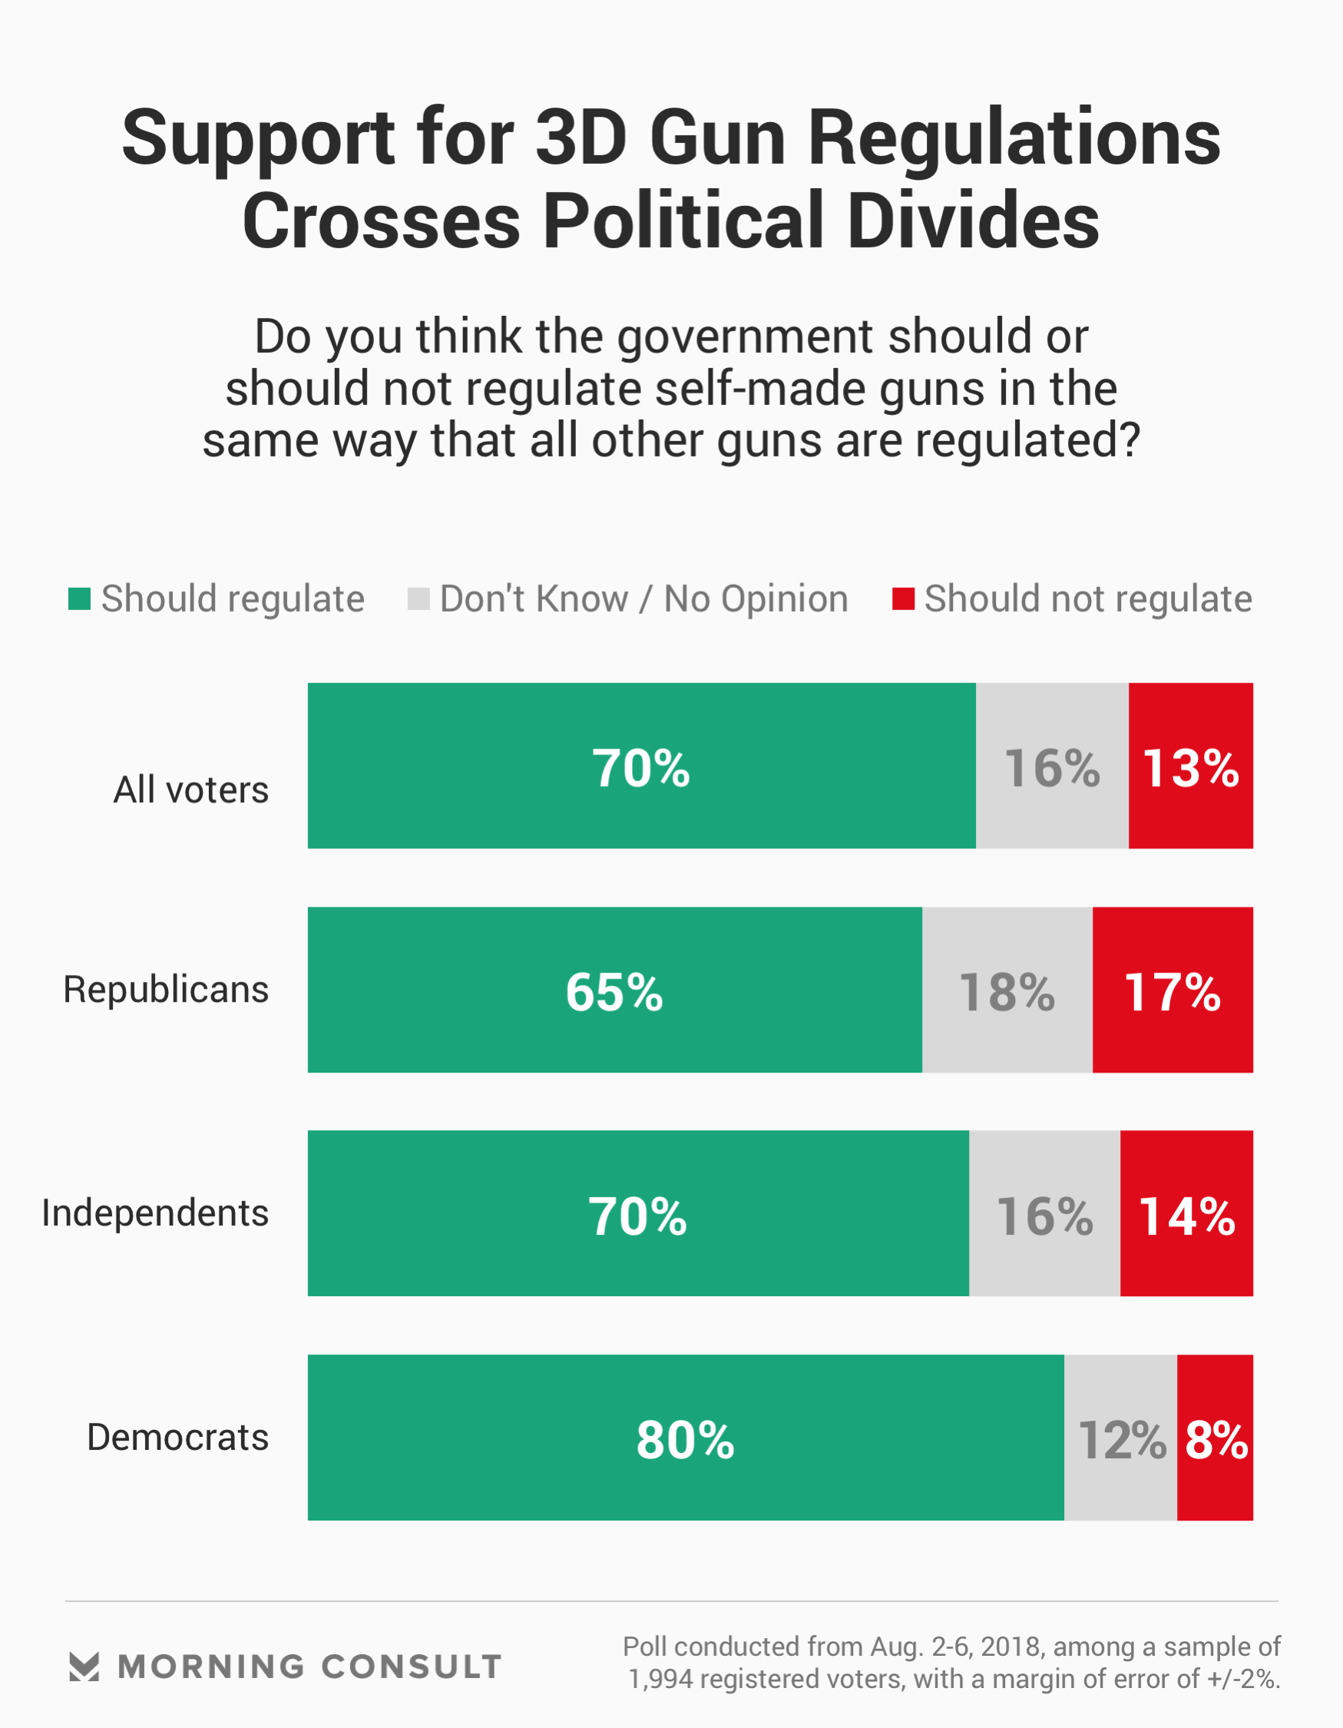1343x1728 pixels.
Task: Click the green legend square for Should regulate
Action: point(79,599)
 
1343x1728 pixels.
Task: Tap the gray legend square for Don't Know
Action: point(418,599)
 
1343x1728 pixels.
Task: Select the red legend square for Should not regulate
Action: point(903,599)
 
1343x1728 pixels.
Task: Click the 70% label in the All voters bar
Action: point(640,768)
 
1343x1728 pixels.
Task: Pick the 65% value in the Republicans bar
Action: point(614,991)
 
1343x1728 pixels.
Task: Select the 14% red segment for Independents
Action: point(1186,1216)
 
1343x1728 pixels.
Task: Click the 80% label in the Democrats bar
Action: point(685,1439)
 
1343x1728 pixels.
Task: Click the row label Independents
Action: point(155,1213)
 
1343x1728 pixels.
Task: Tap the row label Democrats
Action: point(178,1437)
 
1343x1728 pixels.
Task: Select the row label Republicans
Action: point(166,989)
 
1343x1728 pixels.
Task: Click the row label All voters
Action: point(190,790)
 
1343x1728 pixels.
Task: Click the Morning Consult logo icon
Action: point(84,1667)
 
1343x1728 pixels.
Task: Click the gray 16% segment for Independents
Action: point(1044,1216)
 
